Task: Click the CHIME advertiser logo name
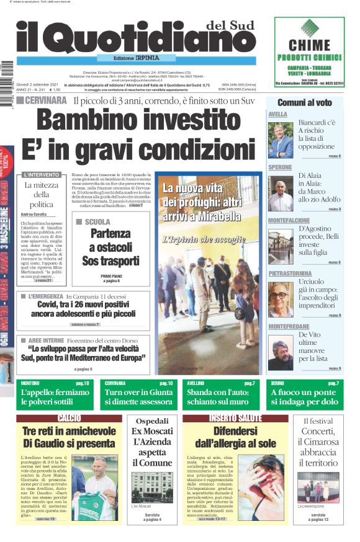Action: pos(309,44)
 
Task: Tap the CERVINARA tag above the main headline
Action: pos(46,100)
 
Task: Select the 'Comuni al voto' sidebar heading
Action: pos(304,102)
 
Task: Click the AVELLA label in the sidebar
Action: pos(277,115)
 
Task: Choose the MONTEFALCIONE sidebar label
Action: pos(289,220)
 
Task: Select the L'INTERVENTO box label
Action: pos(40,175)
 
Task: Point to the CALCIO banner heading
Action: pos(69,418)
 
